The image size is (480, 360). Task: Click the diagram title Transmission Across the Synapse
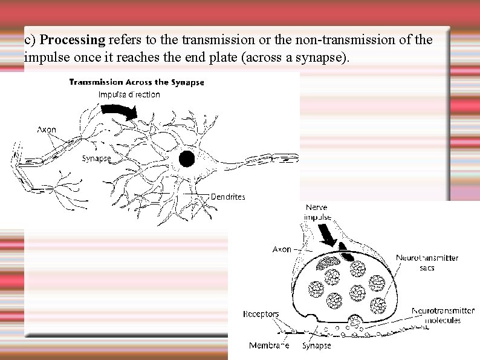[x=137, y=82]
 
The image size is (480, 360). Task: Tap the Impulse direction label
[x=129, y=94]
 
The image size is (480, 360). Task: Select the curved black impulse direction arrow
[x=120, y=111]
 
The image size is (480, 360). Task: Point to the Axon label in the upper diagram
[x=47, y=129]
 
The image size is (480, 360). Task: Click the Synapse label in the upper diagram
[x=96, y=159]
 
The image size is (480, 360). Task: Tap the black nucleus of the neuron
[x=187, y=159]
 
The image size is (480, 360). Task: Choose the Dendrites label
[x=228, y=197]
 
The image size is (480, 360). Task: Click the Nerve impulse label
[x=317, y=212]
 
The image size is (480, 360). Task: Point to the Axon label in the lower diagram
[x=282, y=249]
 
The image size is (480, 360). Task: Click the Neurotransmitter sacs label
[x=427, y=263]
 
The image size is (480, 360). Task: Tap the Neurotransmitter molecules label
[x=443, y=315]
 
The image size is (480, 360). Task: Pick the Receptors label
[x=261, y=314]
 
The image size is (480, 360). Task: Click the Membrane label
[x=269, y=346]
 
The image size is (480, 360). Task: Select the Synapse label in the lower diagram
[x=317, y=346]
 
